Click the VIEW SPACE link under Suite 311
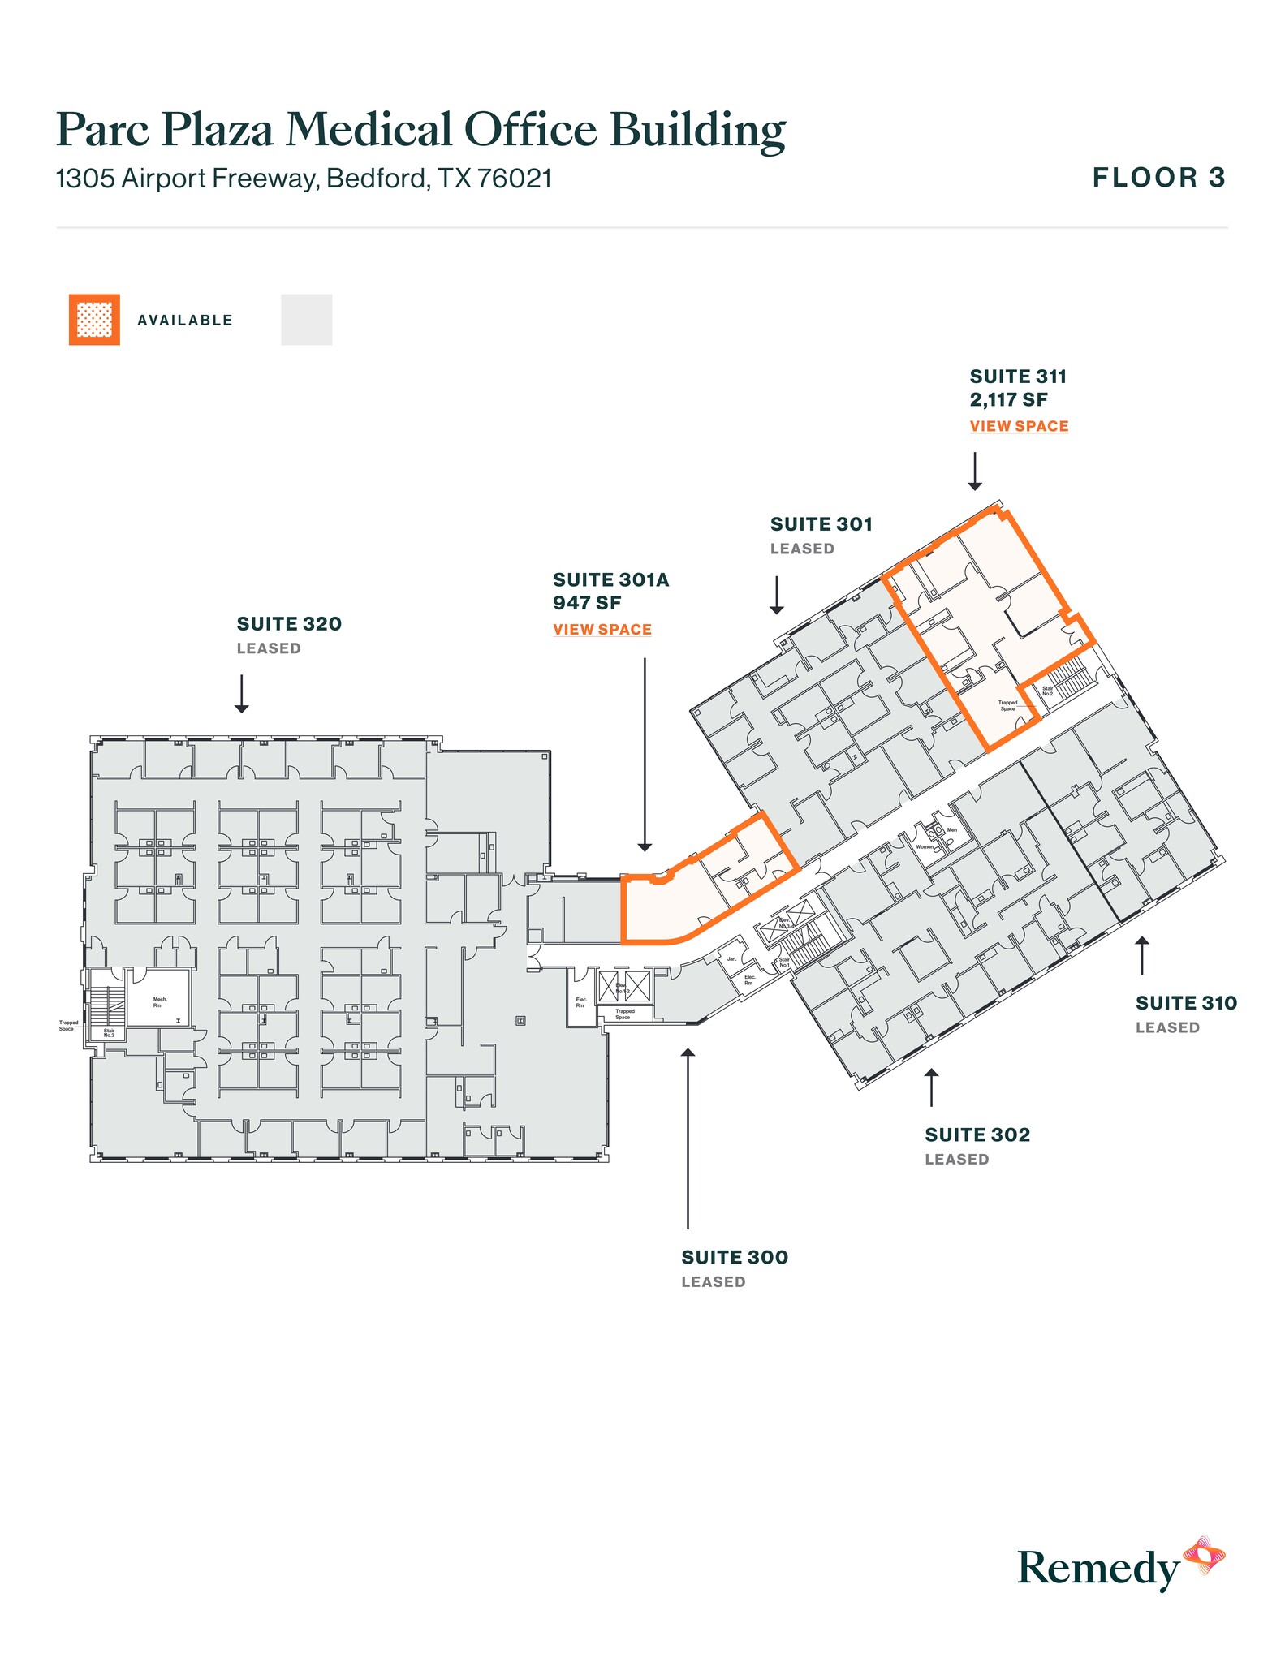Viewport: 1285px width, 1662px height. click(1019, 426)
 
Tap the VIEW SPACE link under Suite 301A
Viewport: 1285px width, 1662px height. click(602, 630)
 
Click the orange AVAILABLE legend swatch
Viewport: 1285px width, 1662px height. click(94, 320)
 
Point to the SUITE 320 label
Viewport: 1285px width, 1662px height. click(289, 624)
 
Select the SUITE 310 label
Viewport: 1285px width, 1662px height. click(1186, 1003)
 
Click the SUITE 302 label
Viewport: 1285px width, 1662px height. click(977, 1135)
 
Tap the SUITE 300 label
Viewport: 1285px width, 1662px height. click(735, 1257)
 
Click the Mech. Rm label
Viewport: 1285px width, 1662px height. click(160, 1002)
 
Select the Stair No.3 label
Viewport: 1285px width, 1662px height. click(109, 1033)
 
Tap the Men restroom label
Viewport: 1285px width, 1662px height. click(952, 830)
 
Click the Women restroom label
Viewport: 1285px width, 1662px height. click(925, 846)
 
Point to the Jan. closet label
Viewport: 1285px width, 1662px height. click(731, 959)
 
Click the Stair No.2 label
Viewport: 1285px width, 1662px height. click(1047, 691)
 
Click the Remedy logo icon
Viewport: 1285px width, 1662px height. click(1204, 1555)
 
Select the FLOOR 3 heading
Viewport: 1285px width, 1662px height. click(1158, 178)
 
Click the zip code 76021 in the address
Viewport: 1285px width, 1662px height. click(515, 179)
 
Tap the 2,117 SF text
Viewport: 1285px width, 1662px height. click(1008, 400)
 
